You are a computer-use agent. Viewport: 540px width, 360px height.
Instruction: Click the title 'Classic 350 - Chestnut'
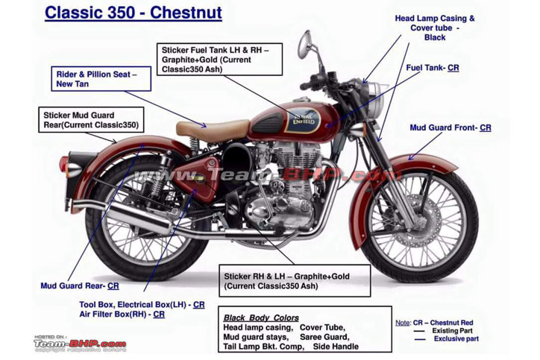point(134,13)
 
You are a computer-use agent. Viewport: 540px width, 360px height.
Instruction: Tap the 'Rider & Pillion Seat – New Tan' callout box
point(101,79)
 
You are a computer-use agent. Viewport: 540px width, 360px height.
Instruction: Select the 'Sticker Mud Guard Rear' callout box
point(91,120)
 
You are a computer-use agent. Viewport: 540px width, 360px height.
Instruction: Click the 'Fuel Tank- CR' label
point(433,68)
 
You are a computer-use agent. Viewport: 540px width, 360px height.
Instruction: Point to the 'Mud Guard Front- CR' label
point(450,127)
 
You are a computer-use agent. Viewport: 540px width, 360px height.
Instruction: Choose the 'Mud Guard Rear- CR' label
point(80,285)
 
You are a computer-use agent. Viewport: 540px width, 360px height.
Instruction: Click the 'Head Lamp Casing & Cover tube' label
point(435,28)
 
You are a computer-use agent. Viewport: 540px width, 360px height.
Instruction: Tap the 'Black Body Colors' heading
point(261,318)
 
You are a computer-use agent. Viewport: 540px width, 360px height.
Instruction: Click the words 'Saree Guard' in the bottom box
point(324,337)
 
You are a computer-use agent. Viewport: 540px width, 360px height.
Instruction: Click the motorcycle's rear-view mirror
point(305,45)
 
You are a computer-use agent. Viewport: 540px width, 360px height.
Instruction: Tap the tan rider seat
point(213,128)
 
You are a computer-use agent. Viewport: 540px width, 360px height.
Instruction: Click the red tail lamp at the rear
point(64,164)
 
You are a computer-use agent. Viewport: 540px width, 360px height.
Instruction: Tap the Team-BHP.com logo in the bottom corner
point(80,344)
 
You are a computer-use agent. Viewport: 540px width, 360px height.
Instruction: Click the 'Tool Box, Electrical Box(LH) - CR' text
point(142,305)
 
